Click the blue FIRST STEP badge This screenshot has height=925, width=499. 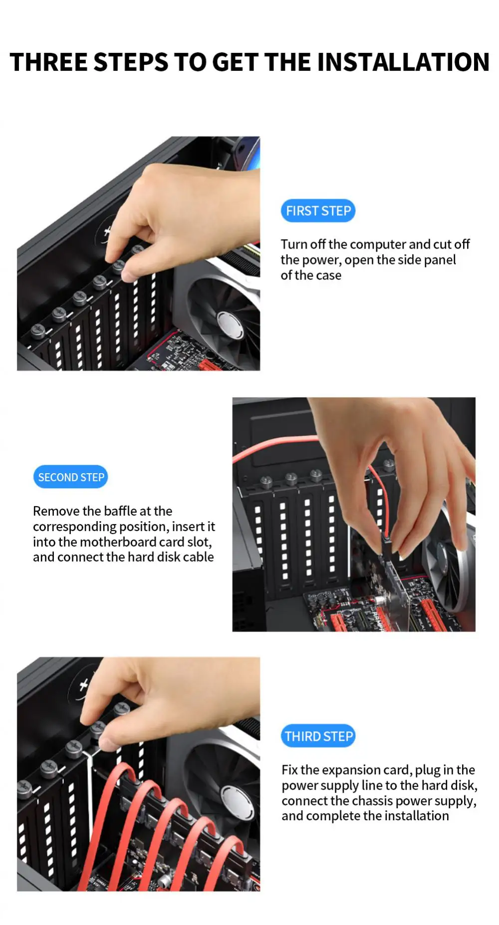(318, 211)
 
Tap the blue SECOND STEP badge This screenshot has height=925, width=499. (70, 477)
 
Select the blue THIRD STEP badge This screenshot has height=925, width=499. (318, 736)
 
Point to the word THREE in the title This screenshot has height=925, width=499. (48, 62)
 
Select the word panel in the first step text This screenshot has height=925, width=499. (441, 260)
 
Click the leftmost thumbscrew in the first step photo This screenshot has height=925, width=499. (38, 330)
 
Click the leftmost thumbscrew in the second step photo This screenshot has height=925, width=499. (266, 482)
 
